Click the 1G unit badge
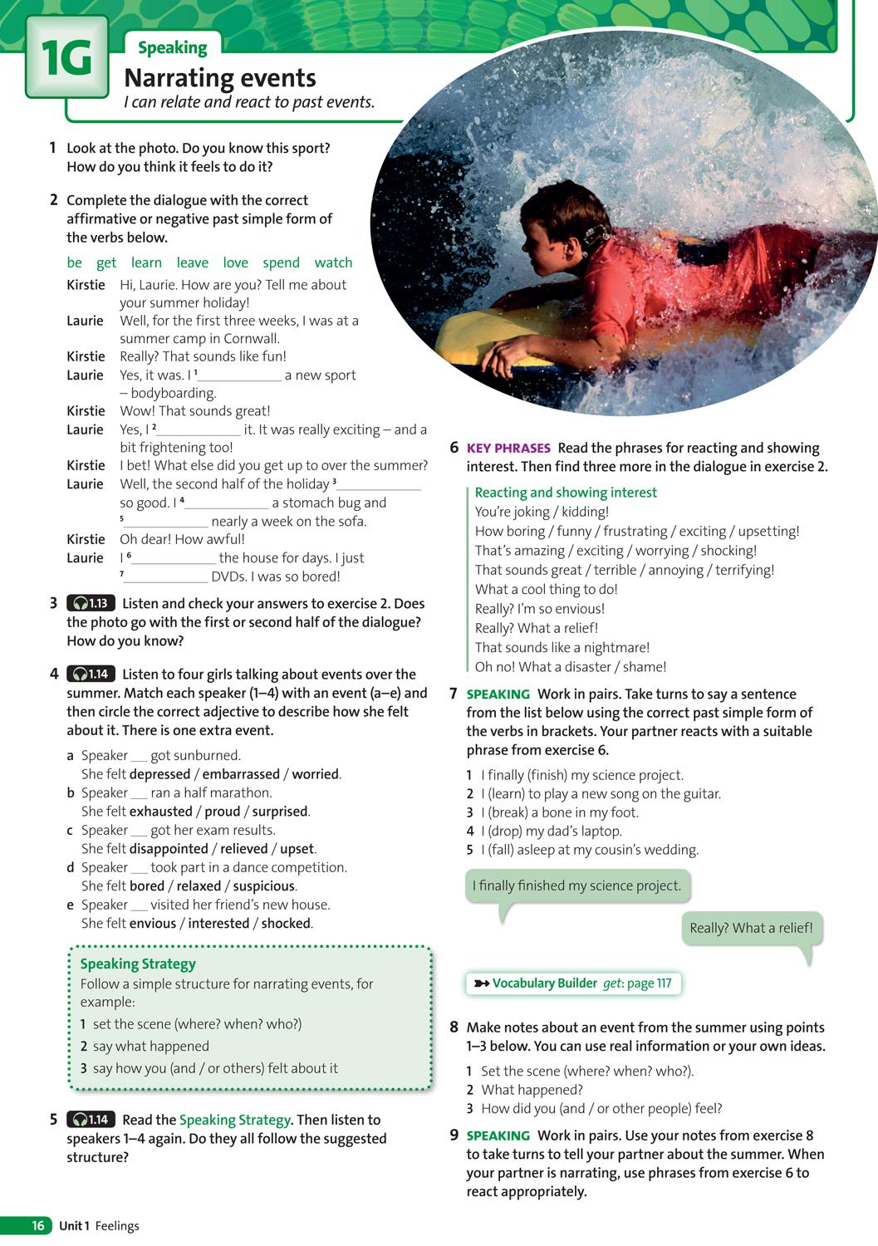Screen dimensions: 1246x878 click(66, 60)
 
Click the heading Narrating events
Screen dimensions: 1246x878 click(219, 78)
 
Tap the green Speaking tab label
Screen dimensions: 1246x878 click(172, 48)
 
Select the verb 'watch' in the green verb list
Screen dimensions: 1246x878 click(333, 262)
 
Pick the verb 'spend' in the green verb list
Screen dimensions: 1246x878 click(281, 262)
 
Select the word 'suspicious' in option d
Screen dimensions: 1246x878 click(263, 886)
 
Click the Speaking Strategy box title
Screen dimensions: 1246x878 click(138, 964)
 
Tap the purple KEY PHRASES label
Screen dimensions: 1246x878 click(508, 449)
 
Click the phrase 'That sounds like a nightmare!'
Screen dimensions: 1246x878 click(562, 647)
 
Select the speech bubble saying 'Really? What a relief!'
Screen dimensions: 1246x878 click(751, 929)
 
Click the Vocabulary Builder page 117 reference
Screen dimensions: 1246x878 click(573, 984)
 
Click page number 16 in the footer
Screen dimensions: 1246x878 click(38, 1226)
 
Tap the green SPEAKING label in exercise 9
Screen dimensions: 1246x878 click(498, 1136)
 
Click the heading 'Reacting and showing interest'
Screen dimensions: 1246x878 click(566, 493)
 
